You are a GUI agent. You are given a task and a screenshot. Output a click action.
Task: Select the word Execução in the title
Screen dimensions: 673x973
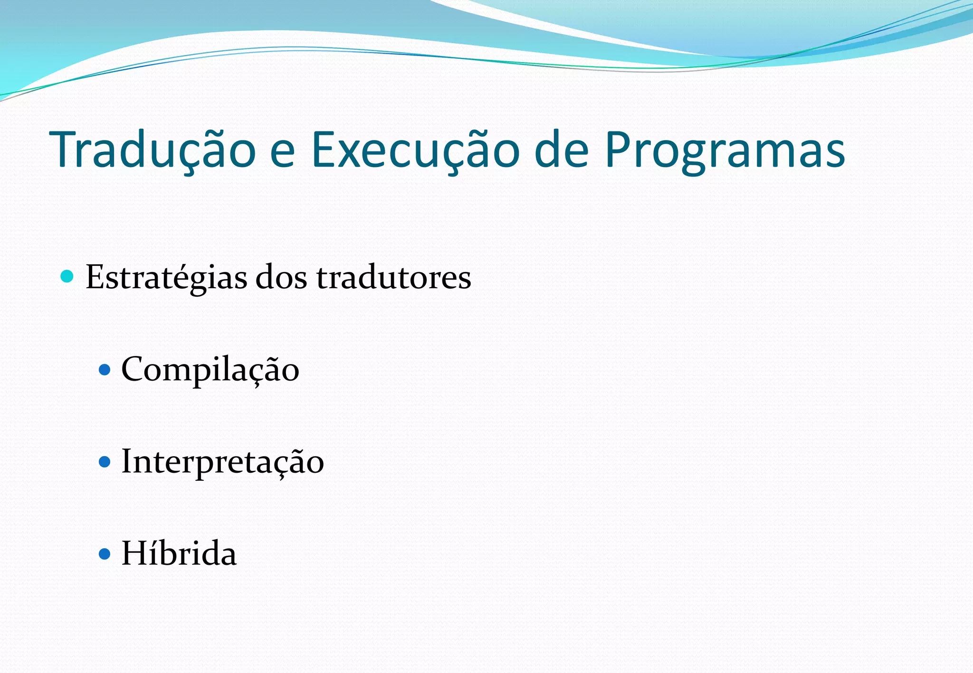[415, 150]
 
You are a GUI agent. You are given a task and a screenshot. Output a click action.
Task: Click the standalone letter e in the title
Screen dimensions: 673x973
[283, 153]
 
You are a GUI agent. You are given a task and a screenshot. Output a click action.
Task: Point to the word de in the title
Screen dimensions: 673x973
[562, 150]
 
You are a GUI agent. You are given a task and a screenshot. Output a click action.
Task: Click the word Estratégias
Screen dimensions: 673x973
[166, 277]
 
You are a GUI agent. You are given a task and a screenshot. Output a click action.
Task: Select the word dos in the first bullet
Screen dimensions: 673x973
[281, 277]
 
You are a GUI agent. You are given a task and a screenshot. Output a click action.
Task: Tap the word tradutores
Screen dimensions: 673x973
[393, 277]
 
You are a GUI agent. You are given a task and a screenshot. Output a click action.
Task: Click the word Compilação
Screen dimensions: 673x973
[210, 370]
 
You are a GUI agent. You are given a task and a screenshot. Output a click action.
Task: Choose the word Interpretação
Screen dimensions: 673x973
[222, 462]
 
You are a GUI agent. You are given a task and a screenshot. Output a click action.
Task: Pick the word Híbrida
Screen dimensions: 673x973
[179, 553]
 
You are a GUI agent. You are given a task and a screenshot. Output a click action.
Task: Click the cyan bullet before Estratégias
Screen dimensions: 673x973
[67, 276]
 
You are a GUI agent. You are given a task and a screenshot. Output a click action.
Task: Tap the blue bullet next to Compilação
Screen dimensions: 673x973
[105, 370]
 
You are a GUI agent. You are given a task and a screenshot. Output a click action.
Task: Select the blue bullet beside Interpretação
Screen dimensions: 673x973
[105, 462]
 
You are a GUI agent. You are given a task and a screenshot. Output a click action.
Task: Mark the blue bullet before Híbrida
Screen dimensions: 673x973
[105, 553]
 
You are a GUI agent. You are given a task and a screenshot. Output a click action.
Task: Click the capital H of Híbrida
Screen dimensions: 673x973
[135, 553]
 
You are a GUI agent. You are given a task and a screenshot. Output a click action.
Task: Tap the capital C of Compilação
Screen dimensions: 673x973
[134, 369]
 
